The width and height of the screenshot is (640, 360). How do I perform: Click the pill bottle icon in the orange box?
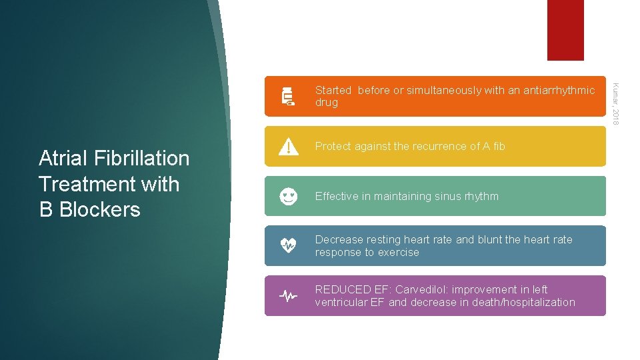tap(288, 96)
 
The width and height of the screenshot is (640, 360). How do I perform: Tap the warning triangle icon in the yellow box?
tap(288, 146)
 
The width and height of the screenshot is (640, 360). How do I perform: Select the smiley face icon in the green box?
tap(288, 196)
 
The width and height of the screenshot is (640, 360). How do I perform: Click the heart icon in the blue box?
tap(288, 245)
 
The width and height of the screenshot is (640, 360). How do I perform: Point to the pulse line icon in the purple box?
tap(288, 295)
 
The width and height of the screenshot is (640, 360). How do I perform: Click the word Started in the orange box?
tap(333, 90)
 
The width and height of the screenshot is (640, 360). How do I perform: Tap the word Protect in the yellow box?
tap(333, 146)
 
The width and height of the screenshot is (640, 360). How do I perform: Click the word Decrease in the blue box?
tap(339, 239)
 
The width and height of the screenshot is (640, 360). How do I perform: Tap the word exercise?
tap(397, 252)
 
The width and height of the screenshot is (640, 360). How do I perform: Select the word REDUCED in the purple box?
tap(343, 289)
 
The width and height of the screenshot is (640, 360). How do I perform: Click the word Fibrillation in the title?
tap(141, 158)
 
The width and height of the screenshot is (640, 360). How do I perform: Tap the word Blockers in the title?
tap(99, 209)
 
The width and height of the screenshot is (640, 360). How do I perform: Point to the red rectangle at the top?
tap(565, 30)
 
